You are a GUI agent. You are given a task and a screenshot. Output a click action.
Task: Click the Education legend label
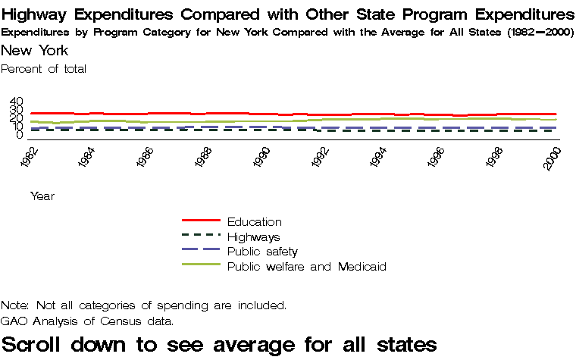click(x=254, y=222)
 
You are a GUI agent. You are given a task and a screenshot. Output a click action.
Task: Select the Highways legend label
click(x=253, y=237)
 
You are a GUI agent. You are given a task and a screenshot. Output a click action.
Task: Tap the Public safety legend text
click(x=262, y=252)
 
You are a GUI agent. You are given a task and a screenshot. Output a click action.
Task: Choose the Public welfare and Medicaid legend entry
click(x=307, y=267)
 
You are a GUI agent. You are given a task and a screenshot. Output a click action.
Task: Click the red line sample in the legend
click(x=201, y=221)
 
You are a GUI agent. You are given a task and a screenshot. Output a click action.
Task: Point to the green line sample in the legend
click(x=201, y=265)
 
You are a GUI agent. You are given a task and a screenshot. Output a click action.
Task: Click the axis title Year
click(x=42, y=196)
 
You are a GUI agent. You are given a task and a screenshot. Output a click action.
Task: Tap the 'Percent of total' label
click(x=44, y=69)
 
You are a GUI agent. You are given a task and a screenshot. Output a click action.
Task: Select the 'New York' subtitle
click(x=35, y=51)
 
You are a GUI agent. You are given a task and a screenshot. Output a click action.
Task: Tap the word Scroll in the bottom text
click(x=37, y=344)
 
